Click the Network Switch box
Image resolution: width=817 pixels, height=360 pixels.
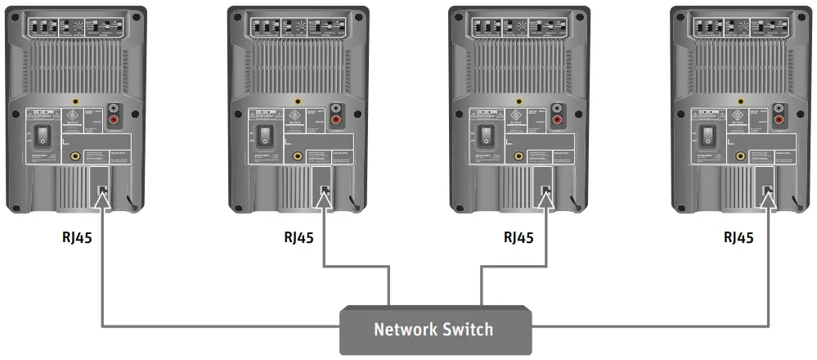click(x=433, y=330)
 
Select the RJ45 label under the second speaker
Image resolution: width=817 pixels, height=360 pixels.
click(x=299, y=238)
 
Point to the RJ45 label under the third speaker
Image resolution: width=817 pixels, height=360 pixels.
click(x=518, y=238)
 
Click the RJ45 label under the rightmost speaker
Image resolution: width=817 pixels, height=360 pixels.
click(x=739, y=238)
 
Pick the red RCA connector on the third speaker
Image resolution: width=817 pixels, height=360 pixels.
click(x=556, y=121)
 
